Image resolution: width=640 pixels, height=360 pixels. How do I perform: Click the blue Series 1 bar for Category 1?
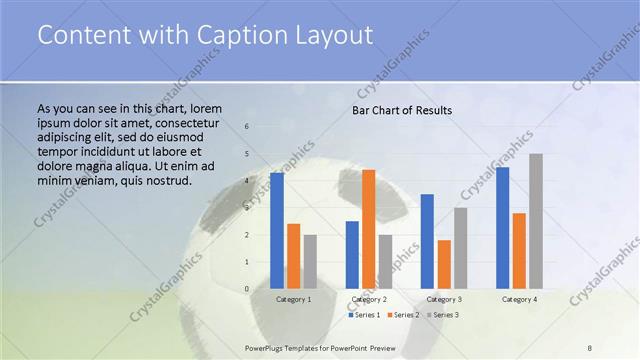[277, 231]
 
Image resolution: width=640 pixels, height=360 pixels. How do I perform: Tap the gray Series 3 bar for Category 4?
[536, 221]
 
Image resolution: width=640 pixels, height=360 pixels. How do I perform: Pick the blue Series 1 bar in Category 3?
[428, 241]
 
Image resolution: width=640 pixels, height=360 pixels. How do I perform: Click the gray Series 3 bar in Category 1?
[310, 262]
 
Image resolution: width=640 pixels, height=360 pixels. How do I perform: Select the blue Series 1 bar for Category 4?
[503, 228]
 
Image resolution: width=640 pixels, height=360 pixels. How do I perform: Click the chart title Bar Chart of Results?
[402, 110]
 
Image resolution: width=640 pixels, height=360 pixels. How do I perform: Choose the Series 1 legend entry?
[364, 315]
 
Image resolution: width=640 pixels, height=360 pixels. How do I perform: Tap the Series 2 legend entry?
[405, 315]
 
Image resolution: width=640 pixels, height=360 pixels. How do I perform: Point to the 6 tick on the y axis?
[247, 127]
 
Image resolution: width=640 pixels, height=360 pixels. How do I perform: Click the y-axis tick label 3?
[247, 208]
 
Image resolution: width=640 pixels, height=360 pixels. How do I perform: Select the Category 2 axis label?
[369, 299]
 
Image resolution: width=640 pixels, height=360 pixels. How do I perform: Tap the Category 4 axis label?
[519, 299]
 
